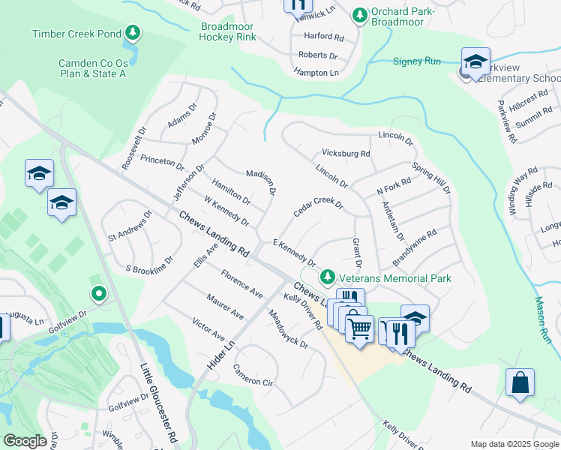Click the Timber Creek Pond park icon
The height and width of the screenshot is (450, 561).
point(133,33)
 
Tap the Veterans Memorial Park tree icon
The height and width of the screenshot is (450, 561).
point(328,278)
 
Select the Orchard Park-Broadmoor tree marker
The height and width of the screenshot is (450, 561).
point(360,14)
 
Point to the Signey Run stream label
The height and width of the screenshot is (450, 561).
point(417,61)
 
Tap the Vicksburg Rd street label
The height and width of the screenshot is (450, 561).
point(346,153)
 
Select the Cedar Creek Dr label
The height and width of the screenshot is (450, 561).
point(318,207)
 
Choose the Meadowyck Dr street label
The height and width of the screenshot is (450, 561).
point(288,330)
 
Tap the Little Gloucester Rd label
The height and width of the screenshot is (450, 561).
point(158,402)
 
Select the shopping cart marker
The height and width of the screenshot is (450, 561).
point(359,327)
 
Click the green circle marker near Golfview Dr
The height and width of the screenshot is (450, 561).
point(97,292)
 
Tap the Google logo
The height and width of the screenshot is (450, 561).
point(25,441)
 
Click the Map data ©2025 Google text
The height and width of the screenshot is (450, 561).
point(514,444)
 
